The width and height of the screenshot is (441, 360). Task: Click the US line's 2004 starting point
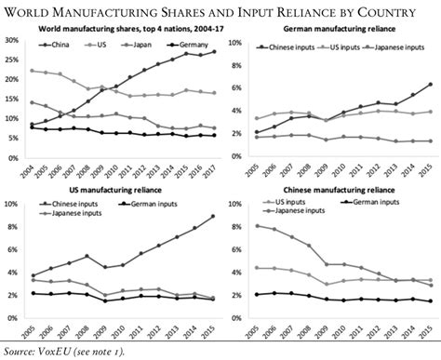point(33,71)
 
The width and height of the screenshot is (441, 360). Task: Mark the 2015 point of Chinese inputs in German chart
point(429,84)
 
